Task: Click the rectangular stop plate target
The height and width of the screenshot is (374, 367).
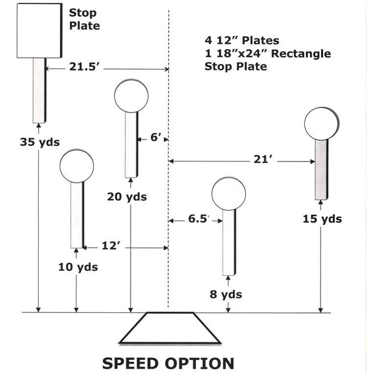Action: (39, 31)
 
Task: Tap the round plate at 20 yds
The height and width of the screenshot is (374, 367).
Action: (131, 96)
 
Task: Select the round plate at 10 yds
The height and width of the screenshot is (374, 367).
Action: (77, 166)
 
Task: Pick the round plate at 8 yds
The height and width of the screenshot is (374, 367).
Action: (229, 194)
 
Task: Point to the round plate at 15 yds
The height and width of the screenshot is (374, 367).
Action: (322, 124)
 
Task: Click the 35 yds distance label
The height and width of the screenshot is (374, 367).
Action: (40, 142)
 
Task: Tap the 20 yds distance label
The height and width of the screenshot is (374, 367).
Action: (127, 197)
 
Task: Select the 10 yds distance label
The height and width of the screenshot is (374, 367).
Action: (78, 267)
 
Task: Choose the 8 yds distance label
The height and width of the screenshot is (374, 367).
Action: (226, 294)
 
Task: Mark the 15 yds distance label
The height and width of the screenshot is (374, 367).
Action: (322, 219)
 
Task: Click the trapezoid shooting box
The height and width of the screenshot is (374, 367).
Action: (170, 328)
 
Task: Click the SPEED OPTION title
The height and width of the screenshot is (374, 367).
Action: (168, 364)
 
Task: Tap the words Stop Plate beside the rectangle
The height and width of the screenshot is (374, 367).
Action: (84, 19)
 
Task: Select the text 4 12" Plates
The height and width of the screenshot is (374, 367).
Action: (242, 40)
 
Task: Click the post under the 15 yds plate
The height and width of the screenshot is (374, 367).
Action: (321, 169)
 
